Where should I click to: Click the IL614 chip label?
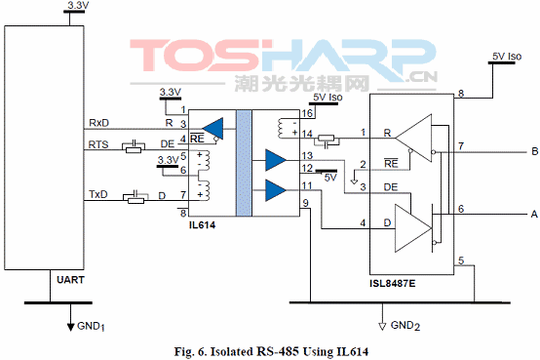point(202,225)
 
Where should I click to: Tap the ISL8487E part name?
point(393,284)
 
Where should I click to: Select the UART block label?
point(70,280)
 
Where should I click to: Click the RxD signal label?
point(98,123)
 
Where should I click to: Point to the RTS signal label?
point(98,144)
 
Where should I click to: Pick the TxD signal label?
point(98,194)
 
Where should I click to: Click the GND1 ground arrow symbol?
point(70,326)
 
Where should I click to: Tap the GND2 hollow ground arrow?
point(382,326)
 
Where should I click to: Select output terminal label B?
point(535,151)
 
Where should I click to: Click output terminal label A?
point(534,214)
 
